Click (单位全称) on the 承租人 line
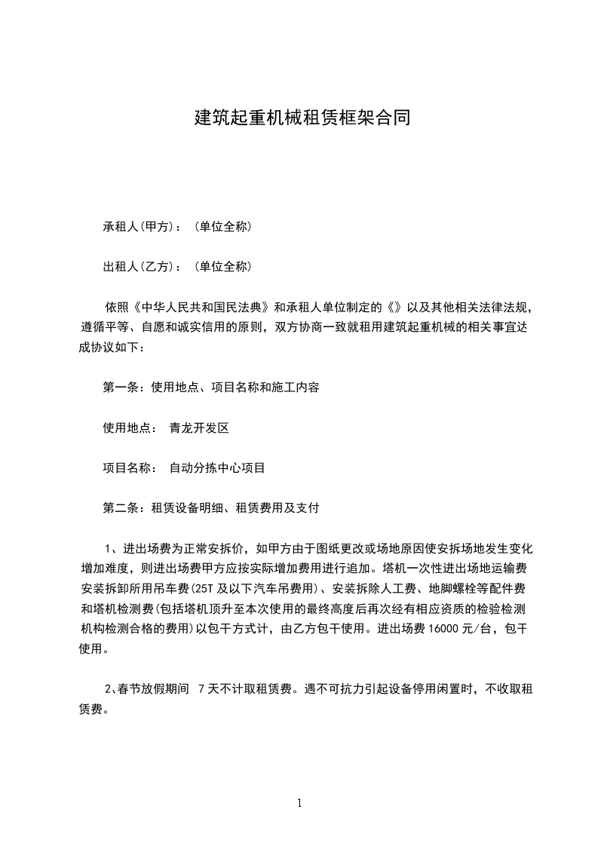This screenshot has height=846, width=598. [x=222, y=226]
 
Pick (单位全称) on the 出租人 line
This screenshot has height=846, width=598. [x=222, y=266]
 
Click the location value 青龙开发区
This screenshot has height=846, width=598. [x=199, y=428]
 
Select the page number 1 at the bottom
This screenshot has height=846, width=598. [x=299, y=804]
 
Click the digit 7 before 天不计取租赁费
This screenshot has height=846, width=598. [x=201, y=688]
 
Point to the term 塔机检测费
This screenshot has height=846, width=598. [x=123, y=610]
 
